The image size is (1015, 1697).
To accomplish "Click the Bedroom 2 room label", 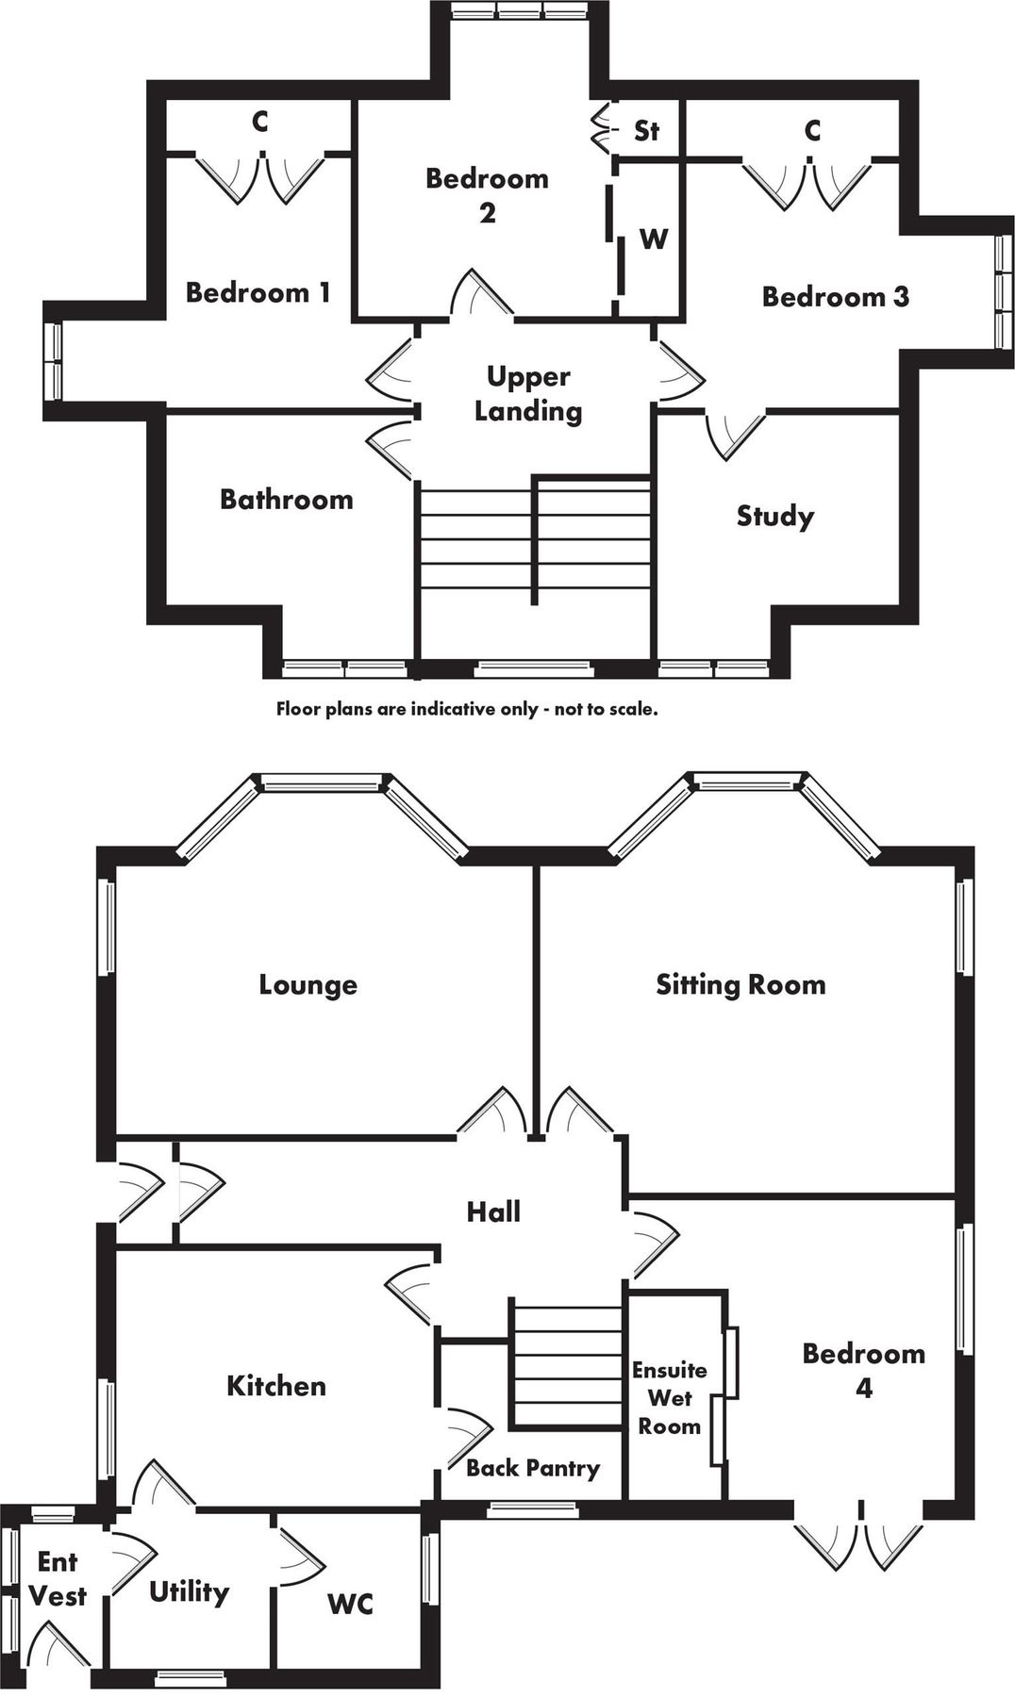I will coord(487,194).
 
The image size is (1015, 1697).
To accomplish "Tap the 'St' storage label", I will coord(646,130).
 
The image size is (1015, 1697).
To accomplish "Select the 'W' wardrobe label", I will coord(653,239).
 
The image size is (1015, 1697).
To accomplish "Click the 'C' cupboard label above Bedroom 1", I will coord(260,122).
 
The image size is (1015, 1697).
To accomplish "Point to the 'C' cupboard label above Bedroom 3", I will coord(813,130).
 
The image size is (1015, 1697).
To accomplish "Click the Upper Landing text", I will coord(528,393).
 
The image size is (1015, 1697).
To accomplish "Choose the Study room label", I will coord(774,516).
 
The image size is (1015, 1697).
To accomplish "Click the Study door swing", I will coord(732,435).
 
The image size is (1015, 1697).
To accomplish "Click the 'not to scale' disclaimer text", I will coord(466,709).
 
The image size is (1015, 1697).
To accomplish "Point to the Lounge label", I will coord(308,985).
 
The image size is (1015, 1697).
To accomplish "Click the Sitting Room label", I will coord(740,985).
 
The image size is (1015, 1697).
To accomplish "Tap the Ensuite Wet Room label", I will coord(669,1398).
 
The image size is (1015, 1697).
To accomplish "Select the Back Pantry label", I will coord(533,1468).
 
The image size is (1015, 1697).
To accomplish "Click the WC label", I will coord(350,1603).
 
